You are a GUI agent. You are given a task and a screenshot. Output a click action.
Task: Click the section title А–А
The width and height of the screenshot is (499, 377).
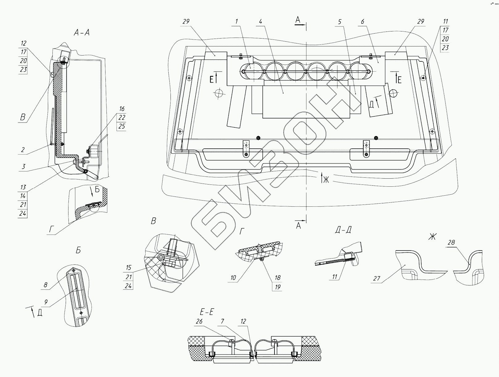(x=82, y=33)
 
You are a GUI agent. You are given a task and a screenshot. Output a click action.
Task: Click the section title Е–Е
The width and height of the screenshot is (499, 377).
(x=207, y=312)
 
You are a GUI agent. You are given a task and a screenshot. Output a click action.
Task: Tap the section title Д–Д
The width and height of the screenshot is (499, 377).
(x=343, y=230)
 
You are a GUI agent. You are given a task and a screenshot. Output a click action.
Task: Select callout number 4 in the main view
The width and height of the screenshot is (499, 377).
(x=261, y=22)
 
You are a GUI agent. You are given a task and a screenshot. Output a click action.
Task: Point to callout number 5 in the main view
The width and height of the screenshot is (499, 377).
(x=340, y=22)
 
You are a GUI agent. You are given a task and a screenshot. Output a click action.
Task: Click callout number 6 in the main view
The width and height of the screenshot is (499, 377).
(x=362, y=22)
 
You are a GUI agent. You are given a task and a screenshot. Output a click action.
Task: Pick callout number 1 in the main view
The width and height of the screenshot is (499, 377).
(x=237, y=21)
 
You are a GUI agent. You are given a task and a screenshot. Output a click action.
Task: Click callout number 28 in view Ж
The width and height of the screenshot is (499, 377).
(x=451, y=242)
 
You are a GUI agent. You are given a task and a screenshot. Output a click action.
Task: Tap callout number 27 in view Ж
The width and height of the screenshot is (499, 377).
(x=377, y=278)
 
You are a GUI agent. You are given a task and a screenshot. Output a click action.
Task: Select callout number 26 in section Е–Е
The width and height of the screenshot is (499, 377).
(x=199, y=321)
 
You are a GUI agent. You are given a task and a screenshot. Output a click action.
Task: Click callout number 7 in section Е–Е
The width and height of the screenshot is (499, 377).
(x=222, y=321)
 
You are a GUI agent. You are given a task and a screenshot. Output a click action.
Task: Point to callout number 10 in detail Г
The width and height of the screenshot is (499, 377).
(x=233, y=278)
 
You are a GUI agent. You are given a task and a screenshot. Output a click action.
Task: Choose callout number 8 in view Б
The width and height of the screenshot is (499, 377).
(x=45, y=285)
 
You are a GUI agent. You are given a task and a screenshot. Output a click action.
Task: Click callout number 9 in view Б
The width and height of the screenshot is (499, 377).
(x=46, y=302)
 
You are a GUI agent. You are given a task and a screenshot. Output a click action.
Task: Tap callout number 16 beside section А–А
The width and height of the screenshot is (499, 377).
(x=122, y=109)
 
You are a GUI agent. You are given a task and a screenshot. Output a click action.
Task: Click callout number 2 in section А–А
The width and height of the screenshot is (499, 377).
(x=23, y=150)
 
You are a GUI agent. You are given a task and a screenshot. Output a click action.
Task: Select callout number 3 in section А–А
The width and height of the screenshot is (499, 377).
(x=23, y=167)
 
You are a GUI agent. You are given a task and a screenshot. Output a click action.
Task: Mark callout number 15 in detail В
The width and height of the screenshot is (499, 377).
(x=128, y=267)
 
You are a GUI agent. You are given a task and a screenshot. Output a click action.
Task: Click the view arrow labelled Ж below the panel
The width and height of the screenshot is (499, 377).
(x=322, y=178)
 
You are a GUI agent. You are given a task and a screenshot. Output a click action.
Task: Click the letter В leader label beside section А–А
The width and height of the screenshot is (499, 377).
(x=23, y=117)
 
